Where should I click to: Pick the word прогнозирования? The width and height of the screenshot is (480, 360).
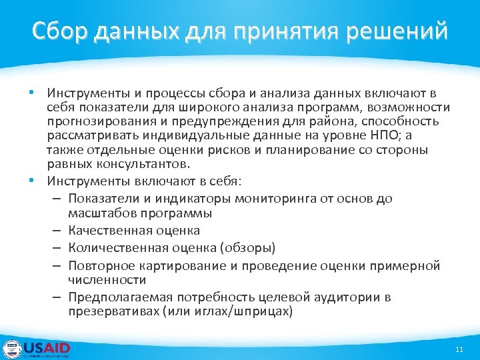click(x=98, y=122)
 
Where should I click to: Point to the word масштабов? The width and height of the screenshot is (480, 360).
click(x=98, y=213)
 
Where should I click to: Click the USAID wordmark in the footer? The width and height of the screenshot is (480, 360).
click(x=47, y=348)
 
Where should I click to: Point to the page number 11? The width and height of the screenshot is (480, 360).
click(x=458, y=350)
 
